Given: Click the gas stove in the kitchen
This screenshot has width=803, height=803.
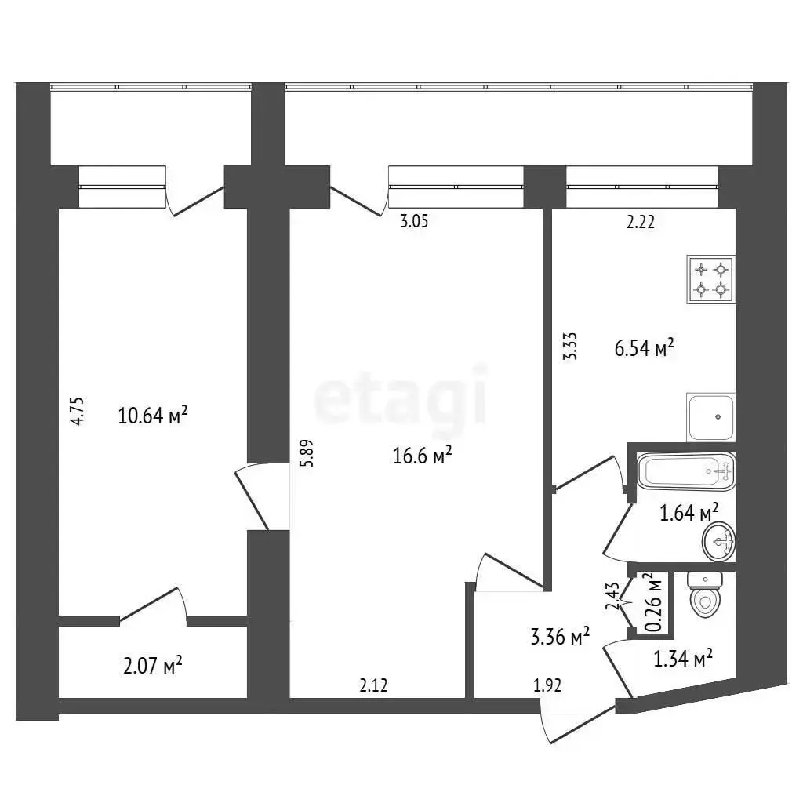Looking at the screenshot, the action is [710, 280].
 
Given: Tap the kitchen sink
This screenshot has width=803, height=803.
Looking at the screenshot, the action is [710, 417].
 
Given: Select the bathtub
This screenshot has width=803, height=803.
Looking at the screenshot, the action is [685, 471].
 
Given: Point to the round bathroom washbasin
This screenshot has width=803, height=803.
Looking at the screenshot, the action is [719, 541].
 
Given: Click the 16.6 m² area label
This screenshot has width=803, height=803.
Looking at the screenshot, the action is [422, 455].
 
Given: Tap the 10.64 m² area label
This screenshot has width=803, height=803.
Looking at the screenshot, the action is [153, 415].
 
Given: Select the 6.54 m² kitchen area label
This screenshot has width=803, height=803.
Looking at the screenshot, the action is [644, 348].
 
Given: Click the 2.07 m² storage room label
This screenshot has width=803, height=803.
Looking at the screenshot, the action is [153, 667].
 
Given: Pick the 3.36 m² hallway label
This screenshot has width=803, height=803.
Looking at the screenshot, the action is [560, 637].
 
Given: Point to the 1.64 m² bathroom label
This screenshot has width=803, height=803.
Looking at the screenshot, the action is [689, 512].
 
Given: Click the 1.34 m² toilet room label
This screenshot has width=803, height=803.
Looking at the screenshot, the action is [683, 658].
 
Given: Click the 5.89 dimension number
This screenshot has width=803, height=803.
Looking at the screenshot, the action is [308, 453].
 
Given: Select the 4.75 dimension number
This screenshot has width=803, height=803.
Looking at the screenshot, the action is [78, 411].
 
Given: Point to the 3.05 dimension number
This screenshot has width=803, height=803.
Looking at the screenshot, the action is [414, 221].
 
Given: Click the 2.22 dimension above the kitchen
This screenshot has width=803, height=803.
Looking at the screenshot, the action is [641, 222].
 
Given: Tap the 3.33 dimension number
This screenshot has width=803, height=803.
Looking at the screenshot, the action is [570, 346].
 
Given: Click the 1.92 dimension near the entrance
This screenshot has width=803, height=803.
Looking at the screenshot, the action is [547, 685].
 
